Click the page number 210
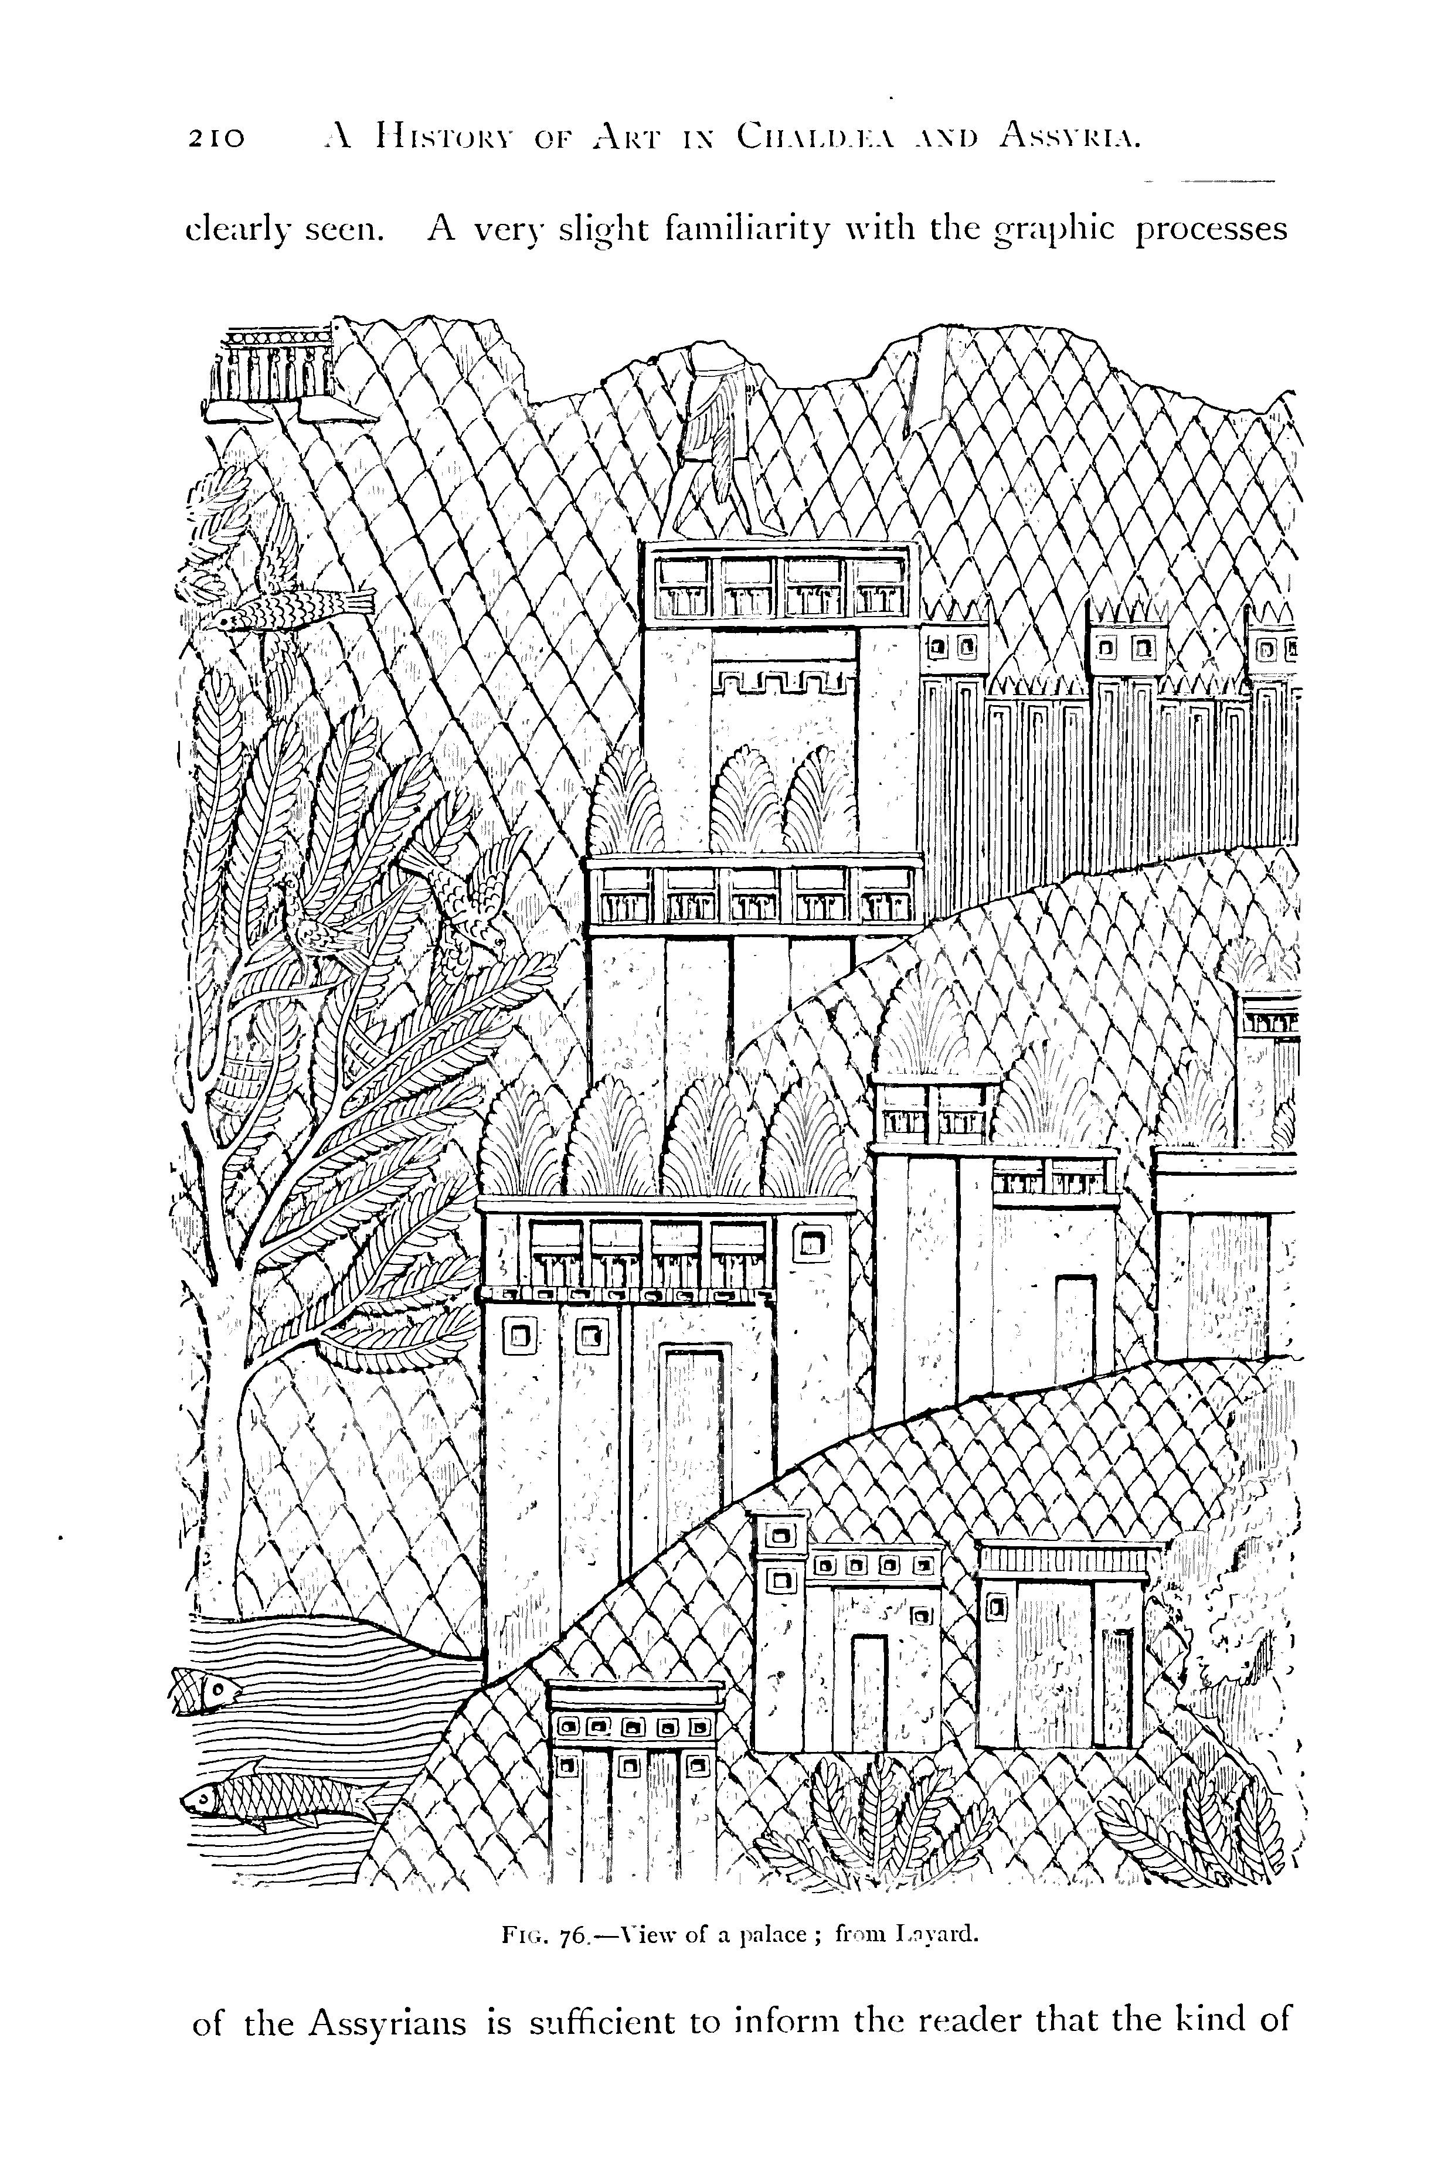click(216, 138)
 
